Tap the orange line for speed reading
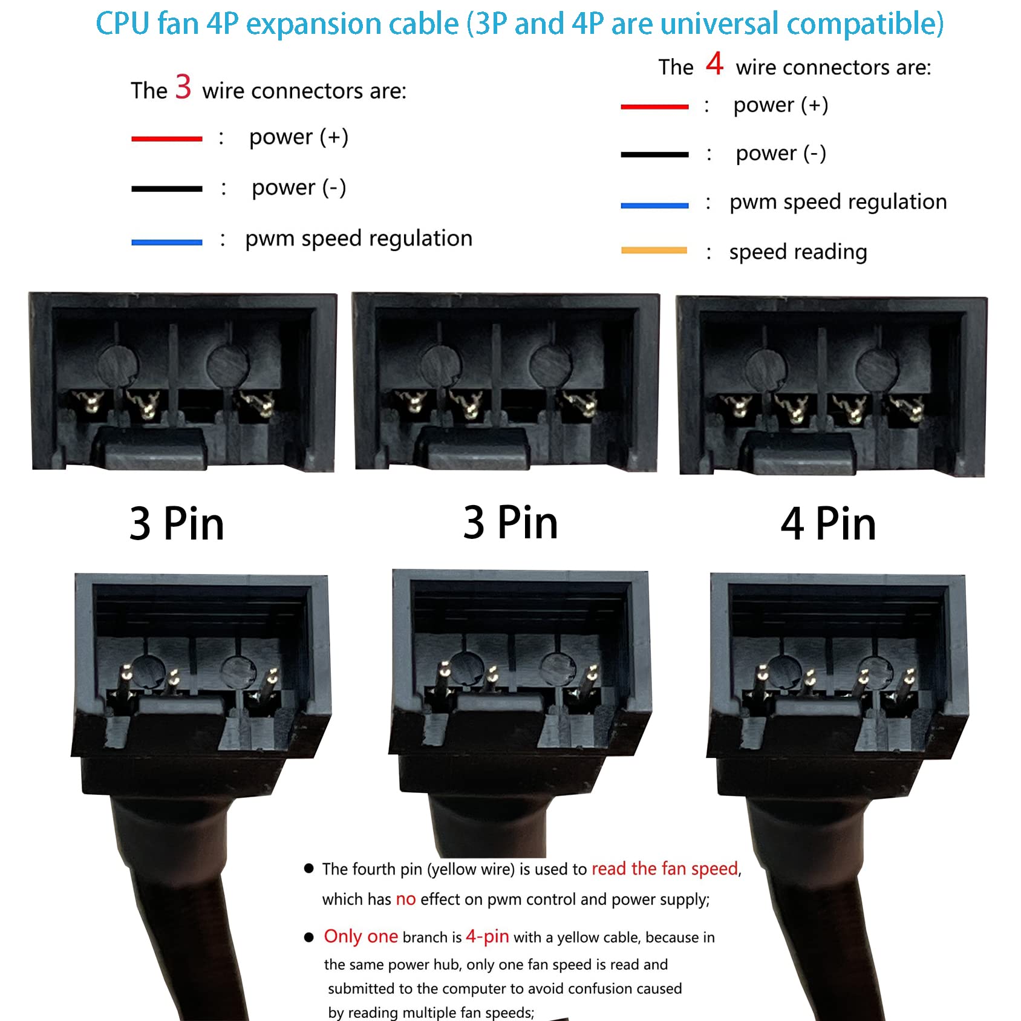(654, 250)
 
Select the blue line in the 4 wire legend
(654, 205)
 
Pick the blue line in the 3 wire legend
(166, 242)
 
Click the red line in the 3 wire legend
(166, 139)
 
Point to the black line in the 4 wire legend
(654, 154)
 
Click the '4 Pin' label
(828, 523)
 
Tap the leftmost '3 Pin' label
(177, 523)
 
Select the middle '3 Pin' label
(510, 522)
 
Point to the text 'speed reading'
(798, 252)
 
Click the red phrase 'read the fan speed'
(665, 869)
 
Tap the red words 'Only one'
(360, 936)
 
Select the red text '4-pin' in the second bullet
(487, 936)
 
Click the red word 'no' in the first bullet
(405, 899)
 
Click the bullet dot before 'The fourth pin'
(309, 869)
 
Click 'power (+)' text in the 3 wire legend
(299, 137)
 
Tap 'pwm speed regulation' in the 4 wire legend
(838, 202)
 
